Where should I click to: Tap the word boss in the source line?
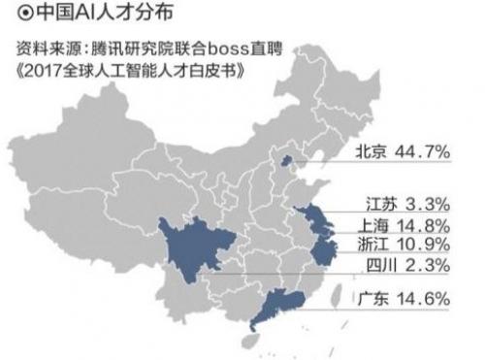(229, 49)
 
